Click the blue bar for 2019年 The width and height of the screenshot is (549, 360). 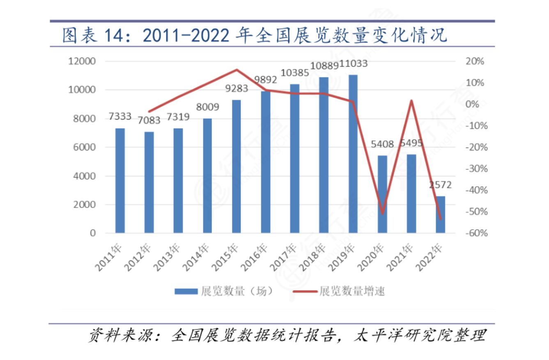coord(353,154)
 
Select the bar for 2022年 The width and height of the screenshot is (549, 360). coord(440,215)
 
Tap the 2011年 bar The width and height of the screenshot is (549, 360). coord(120,181)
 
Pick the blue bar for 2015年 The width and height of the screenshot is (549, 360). coord(236,166)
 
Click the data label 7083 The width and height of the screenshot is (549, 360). coord(149,121)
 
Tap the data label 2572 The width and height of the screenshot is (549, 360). coord(440,185)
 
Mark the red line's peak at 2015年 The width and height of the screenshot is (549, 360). coord(236,69)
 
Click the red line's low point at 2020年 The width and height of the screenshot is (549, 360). coord(382,214)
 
